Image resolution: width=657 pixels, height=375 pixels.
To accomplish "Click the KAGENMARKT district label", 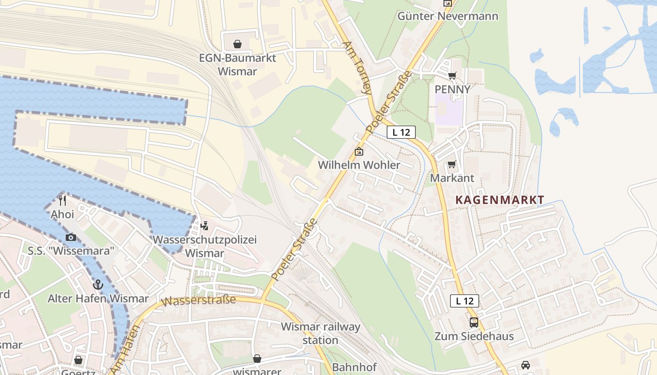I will (x=500, y=200).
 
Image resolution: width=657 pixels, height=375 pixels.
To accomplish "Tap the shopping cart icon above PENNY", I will (x=452, y=75).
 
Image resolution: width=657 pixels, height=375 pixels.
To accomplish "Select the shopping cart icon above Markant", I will (x=451, y=165).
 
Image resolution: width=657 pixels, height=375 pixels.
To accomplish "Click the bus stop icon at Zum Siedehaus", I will (x=474, y=322).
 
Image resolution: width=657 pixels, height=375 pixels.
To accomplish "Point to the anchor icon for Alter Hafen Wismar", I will (x=98, y=285).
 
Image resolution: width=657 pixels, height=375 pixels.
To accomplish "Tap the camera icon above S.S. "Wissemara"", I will (x=71, y=237).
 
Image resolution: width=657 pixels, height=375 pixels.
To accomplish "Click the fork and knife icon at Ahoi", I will (x=62, y=201).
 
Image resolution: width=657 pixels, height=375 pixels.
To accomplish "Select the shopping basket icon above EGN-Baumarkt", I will (x=237, y=44).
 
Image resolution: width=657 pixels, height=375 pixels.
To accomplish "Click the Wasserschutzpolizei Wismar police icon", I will (x=204, y=226).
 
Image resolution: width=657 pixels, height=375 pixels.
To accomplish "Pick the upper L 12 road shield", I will (x=401, y=132).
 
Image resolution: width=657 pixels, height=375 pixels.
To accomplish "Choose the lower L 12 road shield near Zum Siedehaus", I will (x=465, y=301).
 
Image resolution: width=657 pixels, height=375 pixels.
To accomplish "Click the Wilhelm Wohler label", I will (x=359, y=165).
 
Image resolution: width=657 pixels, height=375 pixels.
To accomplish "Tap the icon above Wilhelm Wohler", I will (x=359, y=151).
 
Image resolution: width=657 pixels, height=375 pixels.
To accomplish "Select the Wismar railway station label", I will (x=321, y=333).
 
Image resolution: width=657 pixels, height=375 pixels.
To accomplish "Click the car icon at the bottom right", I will (x=526, y=365).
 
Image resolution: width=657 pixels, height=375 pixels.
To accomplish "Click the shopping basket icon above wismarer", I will (x=257, y=359).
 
